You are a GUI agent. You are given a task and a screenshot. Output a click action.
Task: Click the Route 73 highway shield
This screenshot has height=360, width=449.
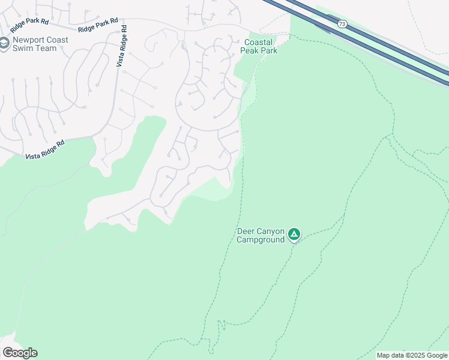point(341,23)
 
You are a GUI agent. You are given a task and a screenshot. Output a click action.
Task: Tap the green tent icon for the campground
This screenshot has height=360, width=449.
point(294,234)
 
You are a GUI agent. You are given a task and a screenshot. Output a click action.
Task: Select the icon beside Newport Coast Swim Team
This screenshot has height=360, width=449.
point(5,44)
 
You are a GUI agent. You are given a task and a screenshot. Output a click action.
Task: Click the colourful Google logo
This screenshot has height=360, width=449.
point(20,353)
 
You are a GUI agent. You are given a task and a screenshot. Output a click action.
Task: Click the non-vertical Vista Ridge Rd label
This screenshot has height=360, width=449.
point(44,150)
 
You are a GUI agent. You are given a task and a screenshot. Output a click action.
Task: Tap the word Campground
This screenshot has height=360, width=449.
point(259,240)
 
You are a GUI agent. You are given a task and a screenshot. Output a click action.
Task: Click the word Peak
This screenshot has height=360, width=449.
point(250,51)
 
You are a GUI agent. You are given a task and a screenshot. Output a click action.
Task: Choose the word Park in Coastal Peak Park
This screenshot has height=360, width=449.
point(270,51)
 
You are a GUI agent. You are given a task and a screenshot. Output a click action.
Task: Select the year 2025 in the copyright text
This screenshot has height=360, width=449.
point(412,355)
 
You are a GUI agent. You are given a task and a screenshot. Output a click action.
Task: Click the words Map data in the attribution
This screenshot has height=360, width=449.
point(389,355)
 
